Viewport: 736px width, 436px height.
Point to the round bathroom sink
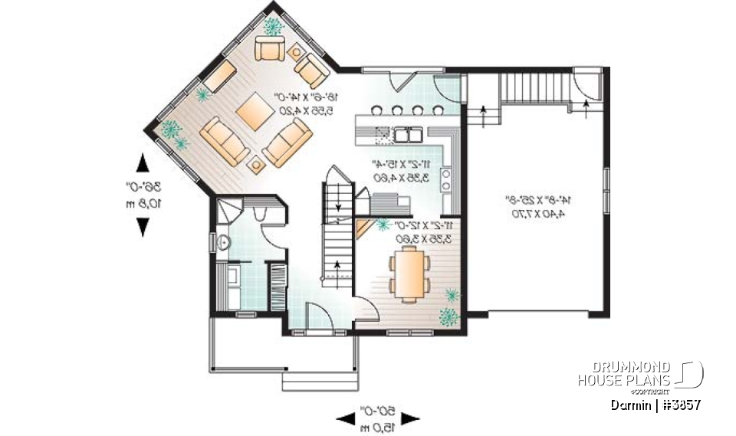[x=222, y=243]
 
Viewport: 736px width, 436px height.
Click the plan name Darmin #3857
[x=656, y=404]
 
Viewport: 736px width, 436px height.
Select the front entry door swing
[x=317, y=316]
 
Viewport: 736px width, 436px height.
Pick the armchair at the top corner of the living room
[x=269, y=50]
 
